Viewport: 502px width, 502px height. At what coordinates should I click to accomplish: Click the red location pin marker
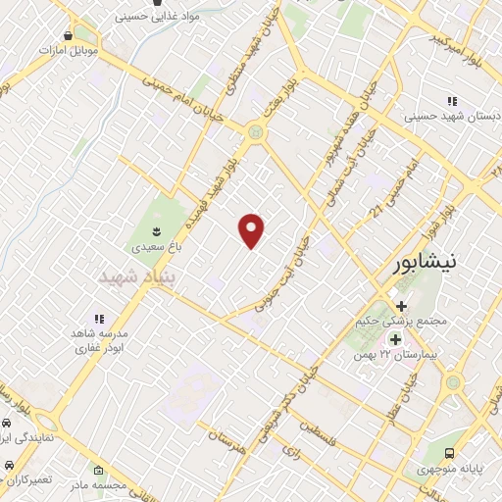tap(252, 229)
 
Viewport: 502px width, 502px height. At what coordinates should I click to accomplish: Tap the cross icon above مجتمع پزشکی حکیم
tap(400, 307)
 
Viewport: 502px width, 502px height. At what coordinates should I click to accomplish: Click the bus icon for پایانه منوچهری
tap(450, 453)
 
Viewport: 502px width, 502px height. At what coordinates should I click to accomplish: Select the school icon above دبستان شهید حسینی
tap(452, 101)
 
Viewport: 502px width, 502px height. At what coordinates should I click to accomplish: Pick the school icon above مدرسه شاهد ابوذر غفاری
tap(98, 319)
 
